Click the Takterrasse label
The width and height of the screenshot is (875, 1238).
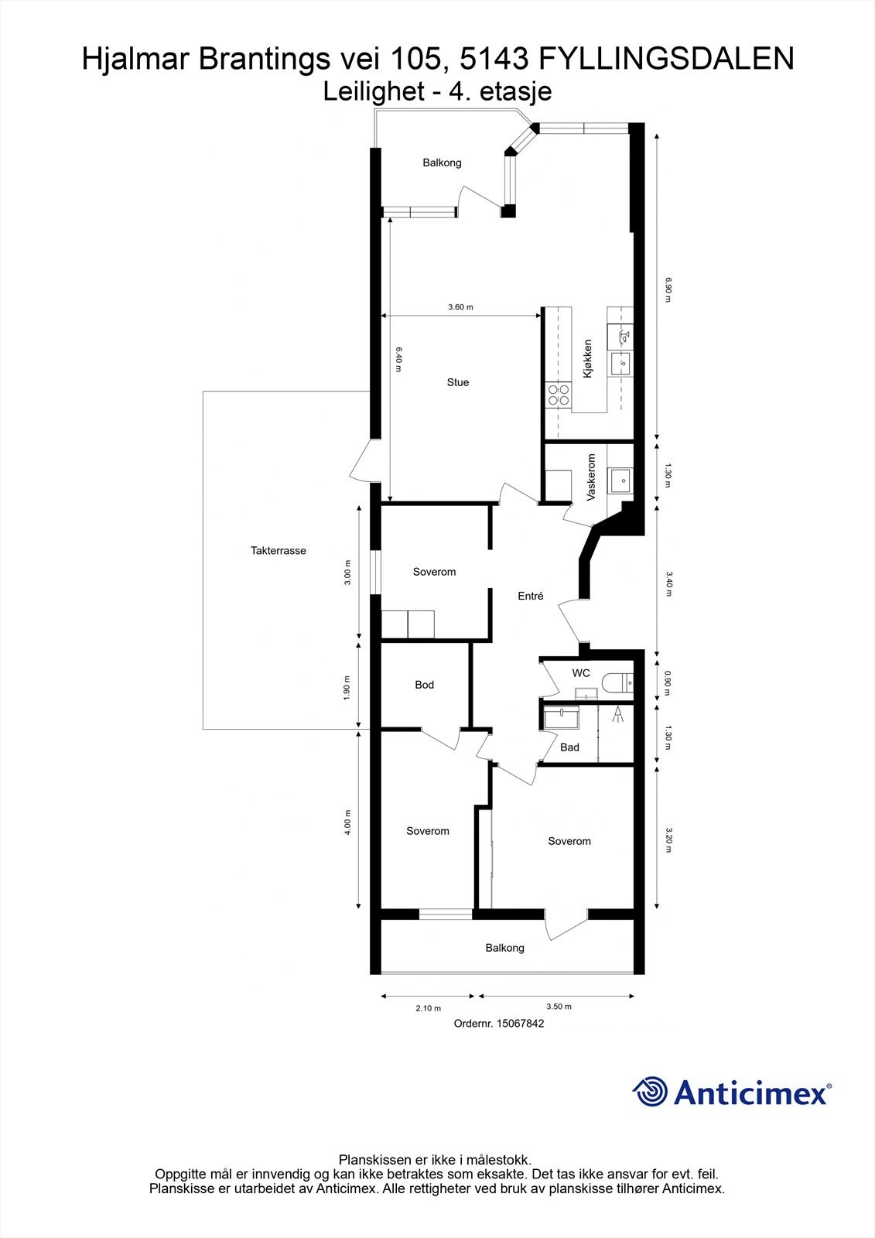[278, 551]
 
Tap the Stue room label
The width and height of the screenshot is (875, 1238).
[457, 382]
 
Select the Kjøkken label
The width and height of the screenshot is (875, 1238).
[589, 358]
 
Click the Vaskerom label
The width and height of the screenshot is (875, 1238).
[592, 477]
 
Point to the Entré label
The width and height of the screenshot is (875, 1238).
[530, 596]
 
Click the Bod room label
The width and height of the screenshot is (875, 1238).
[424, 685]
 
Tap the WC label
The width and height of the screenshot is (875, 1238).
[581, 673]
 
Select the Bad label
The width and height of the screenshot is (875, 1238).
[569, 747]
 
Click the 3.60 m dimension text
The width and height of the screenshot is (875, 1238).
[460, 307]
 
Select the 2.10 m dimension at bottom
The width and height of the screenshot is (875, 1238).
[428, 1008]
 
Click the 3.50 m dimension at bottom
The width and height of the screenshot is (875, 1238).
[559, 1007]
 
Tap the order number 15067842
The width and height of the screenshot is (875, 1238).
[499, 1023]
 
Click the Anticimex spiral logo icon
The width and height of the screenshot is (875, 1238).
[650, 1093]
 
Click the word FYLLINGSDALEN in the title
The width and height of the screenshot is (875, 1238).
[665, 59]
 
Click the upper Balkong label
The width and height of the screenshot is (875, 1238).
[442, 162]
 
